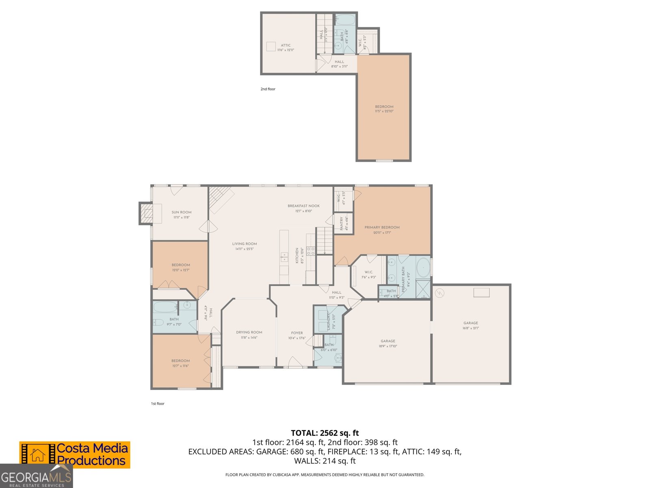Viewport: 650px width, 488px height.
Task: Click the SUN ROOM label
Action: click(x=181, y=212)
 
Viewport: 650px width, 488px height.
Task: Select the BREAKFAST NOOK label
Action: click(x=303, y=206)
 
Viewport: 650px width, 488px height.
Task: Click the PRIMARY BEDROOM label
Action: click(x=382, y=228)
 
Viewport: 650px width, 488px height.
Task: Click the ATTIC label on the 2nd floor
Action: click(x=286, y=46)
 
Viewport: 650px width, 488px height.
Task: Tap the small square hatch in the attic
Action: click(x=271, y=46)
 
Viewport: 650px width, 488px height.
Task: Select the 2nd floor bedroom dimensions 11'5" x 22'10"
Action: click(x=384, y=111)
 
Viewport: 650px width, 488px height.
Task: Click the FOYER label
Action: click(x=297, y=333)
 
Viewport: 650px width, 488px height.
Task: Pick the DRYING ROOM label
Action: click(x=249, y=332)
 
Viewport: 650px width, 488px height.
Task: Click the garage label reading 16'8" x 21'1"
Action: click(x=470, y=328)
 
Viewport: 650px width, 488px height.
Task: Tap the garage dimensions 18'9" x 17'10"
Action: click(x=388, y=346)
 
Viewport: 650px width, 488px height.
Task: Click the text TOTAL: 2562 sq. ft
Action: click(x=325, y=433)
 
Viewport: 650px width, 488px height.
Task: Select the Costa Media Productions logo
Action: click(x=75, y=455)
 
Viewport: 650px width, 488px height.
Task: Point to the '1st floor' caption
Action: click(x=158, y=404)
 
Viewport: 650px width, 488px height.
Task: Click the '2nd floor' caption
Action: click(x=268, y=89)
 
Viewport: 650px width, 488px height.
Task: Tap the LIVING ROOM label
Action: click(x=245, y=244)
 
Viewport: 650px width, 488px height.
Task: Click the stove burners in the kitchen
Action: click(x=310, y=251)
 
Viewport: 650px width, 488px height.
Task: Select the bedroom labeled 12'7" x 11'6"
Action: click(x=180, y=363)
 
